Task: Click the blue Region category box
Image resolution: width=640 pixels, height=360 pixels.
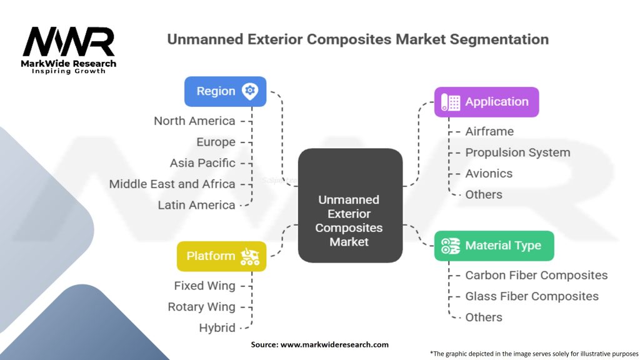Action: point(225,91)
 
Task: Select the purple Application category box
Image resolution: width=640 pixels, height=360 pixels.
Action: point(486,102)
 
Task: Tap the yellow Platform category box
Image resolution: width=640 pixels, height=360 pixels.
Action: point(222,256)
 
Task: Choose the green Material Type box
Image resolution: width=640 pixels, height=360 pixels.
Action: point(494,246)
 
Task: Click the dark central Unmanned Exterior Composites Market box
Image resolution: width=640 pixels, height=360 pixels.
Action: point(350,205)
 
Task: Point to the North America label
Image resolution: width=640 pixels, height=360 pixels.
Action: point(194,121)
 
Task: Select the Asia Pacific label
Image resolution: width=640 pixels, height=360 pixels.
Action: point(202,163)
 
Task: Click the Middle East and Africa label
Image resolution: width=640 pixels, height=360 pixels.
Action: point(172,184)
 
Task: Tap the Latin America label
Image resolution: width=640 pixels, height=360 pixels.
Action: point(196,205)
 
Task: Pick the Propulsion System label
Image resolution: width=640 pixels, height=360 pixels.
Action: point(517,152)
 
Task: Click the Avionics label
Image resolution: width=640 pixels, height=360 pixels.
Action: point(489,174)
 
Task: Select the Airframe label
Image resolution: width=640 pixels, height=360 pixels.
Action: point(489,131)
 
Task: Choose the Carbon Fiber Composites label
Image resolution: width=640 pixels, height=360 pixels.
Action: point(536,276)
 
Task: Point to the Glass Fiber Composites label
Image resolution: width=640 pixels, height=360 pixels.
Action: point(532,296)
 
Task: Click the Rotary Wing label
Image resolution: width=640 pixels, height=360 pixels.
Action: point(201,307)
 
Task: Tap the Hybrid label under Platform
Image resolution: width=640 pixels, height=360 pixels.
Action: point(217,327)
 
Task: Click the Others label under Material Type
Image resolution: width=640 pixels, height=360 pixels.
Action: point(484,317)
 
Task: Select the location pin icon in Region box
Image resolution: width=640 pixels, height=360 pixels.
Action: point(250,91)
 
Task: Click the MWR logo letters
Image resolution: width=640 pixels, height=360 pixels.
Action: point(69,41)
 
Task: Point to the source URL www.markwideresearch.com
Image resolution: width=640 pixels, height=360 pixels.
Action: point(334,344)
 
